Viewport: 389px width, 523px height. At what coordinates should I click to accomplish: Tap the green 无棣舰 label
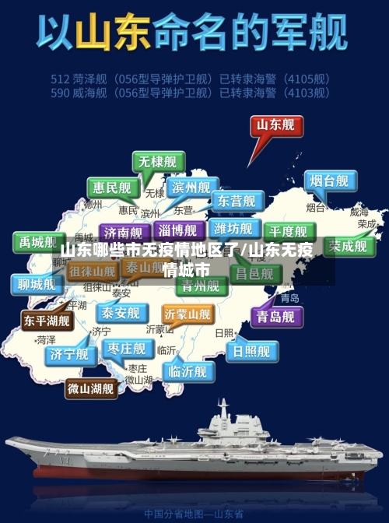[158, 162]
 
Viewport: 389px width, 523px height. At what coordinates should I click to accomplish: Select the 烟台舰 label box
[329, 181]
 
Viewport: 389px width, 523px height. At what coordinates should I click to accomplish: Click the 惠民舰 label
[113, 188]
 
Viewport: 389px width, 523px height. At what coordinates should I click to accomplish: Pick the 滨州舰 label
[192, 188]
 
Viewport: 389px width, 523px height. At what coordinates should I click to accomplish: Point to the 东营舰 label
[236, 201]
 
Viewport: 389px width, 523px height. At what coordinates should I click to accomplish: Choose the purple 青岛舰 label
[275, 316]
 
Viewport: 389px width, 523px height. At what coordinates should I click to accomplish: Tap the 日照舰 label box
[251, 351]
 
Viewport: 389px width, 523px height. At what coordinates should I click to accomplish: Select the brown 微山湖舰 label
[90, 387]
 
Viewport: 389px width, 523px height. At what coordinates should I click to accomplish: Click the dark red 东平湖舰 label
[47, 320]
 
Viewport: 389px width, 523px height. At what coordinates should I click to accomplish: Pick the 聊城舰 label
[37, 283]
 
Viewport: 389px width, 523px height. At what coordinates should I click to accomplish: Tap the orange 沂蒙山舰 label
[187, 314]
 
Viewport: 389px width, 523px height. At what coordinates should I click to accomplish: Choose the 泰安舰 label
[120, 313]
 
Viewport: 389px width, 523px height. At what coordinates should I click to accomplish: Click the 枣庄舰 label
[127, 348]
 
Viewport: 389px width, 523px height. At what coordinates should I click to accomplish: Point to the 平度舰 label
[289, 231]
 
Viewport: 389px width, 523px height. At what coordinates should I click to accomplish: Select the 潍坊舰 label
[233, 228]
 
